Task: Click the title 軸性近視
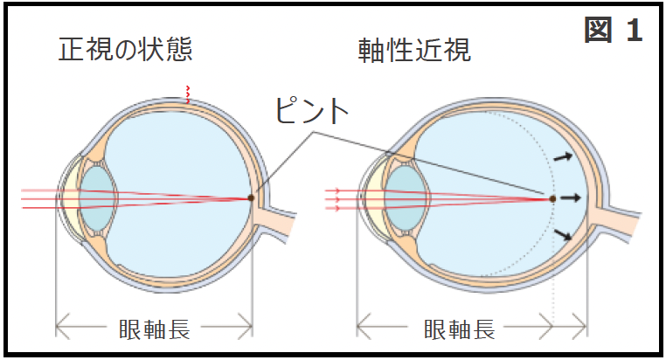click(x=414, y=49)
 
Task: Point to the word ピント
click(x=312, y=111)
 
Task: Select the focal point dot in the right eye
click(x=552, y=198)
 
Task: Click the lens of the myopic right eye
click(x=404, y=198)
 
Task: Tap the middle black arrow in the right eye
click(x=571, y=198)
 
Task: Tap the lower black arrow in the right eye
click(x=564, y=234)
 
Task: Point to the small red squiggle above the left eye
click(x=185, y=94)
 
